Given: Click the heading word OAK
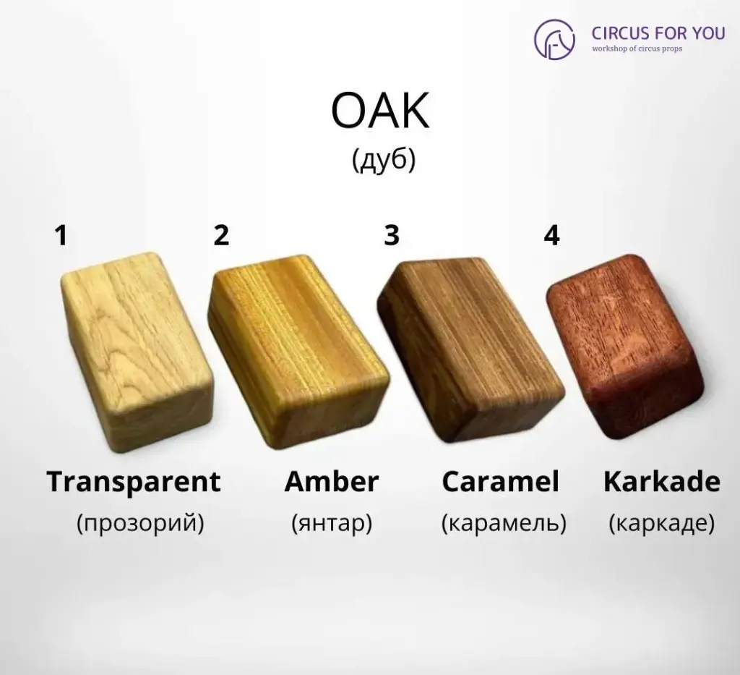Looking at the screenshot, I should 380,112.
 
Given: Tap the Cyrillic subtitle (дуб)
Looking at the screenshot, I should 384,160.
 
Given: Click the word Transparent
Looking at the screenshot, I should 134,482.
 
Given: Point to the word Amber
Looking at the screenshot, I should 332,482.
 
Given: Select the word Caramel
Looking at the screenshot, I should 501,482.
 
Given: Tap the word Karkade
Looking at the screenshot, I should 662,482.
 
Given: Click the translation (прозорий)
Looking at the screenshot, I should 140,523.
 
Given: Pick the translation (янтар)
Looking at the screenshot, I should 332,523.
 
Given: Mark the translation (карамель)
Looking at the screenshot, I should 504,523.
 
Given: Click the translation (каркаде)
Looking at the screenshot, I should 662,523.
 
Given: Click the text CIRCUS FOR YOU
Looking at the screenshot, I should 658,33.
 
